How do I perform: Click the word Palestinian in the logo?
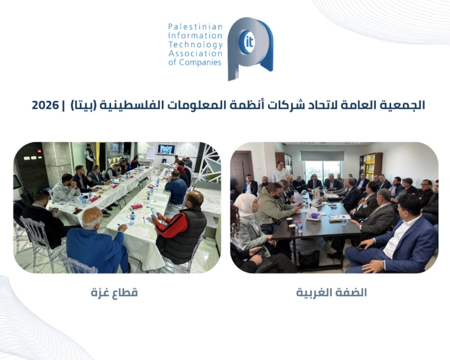point(195,27)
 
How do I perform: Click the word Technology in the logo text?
point(195,45)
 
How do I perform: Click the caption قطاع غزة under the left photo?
point(114,292)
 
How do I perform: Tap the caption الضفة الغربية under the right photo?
point(332,292)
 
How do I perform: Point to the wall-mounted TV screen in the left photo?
point(166,149)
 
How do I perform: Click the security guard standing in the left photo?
point(90,158)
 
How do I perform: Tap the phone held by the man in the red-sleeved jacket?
point(154,212)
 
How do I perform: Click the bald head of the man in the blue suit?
point(92,218)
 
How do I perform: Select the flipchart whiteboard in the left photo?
point(151,153)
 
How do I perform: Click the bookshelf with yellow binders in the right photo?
point(371,166)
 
